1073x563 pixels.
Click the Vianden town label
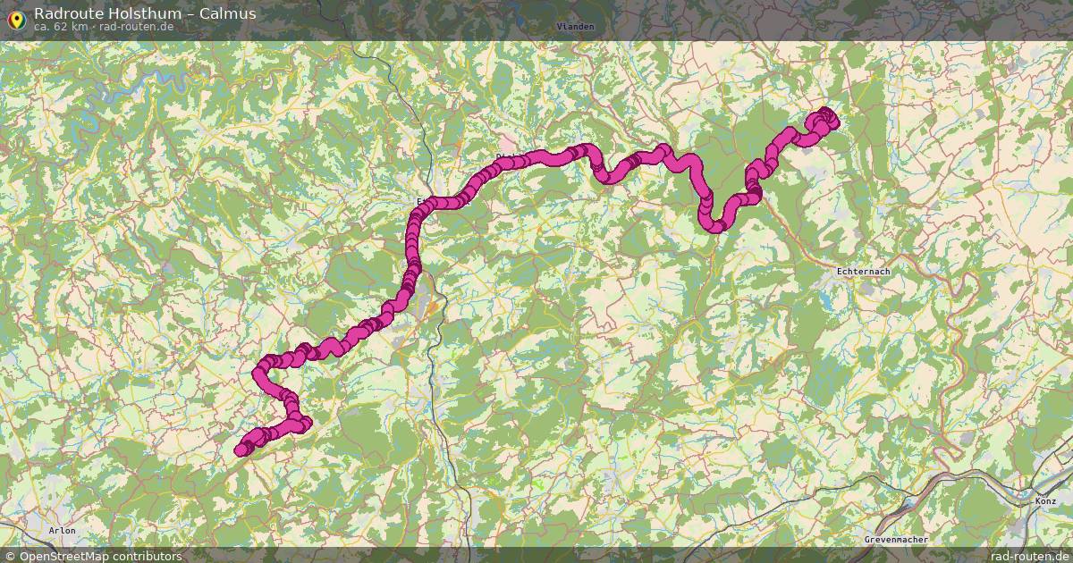point(575,27)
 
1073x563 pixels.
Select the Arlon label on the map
point(63,531)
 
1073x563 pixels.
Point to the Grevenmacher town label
point(896,540)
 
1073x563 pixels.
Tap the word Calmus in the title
point(228,13)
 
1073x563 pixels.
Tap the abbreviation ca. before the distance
point(42,27)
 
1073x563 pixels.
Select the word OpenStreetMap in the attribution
point(63,556)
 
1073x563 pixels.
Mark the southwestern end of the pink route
point(241,450)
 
